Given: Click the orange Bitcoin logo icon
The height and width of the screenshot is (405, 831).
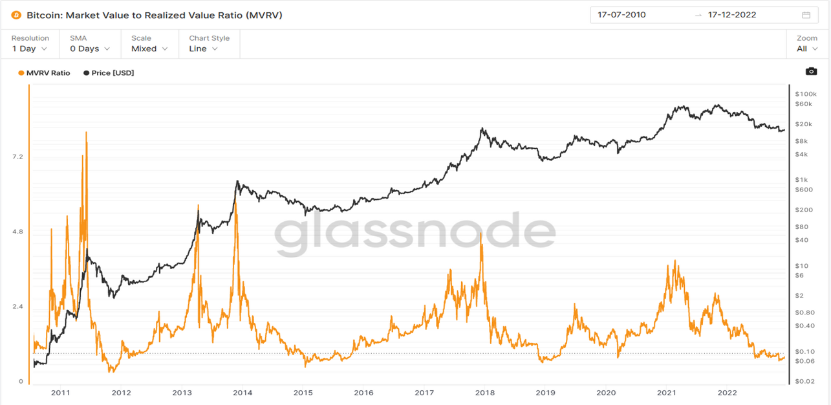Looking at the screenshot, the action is [x=16, y=16].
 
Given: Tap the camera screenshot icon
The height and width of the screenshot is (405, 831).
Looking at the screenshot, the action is [x=812, y=71].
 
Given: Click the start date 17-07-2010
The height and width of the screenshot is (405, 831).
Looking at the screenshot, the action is [x=621, y=15].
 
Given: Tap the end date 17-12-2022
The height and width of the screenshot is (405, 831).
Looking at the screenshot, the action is [x=732, y=15].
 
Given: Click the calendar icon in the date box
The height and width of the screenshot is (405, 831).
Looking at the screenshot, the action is [x=806, y=16].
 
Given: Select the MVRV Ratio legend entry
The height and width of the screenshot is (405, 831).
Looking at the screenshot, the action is [x=44, y=72].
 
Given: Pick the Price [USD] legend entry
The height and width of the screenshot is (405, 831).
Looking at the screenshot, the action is [x=109, y=72].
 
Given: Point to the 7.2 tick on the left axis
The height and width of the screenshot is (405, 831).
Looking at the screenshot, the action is [x=17, y=157].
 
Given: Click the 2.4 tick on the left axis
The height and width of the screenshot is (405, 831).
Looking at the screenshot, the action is [x=17, y=306].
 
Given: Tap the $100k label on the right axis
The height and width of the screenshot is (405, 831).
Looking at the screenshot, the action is [x=806, y=94].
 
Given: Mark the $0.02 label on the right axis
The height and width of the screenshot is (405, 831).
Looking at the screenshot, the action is [x=804, y=381].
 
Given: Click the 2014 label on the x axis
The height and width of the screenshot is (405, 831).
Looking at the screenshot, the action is [x=243, y=393].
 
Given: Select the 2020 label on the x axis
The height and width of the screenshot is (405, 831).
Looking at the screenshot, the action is [x=606, y=393].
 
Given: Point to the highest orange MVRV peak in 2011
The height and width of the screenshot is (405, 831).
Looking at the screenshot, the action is [x=86, y=133].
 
